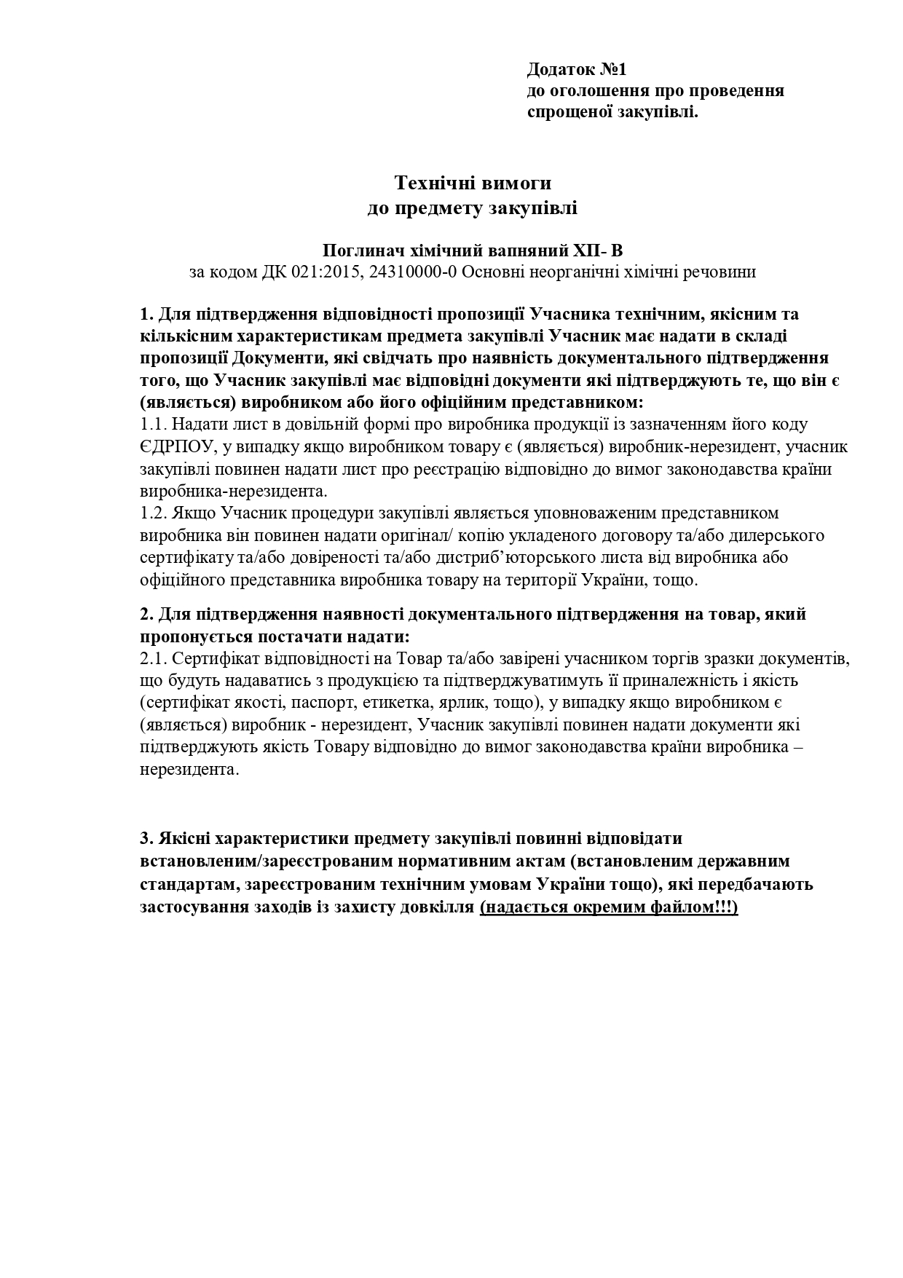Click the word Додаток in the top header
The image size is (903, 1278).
561,70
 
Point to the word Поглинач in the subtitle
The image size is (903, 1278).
359,251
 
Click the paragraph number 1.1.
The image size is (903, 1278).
154,425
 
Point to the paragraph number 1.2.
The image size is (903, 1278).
154,513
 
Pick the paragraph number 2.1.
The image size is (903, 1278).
154,659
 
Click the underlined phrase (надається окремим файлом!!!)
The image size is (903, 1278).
609,908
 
